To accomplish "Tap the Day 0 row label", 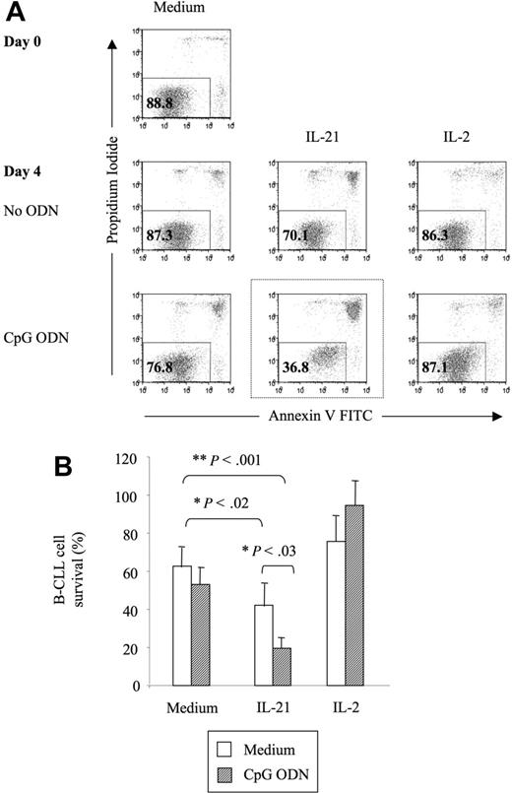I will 22,42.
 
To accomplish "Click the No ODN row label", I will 32,209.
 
